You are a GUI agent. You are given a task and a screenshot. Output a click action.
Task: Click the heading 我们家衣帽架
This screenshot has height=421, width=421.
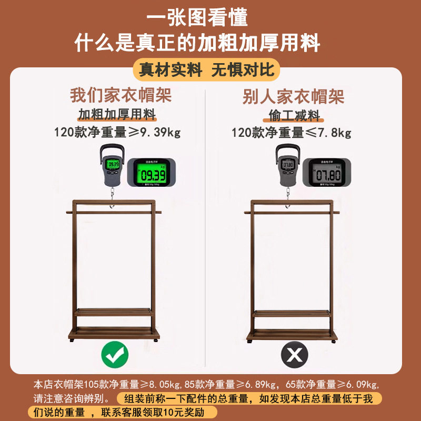121,96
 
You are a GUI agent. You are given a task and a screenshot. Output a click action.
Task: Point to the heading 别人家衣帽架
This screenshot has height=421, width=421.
293,96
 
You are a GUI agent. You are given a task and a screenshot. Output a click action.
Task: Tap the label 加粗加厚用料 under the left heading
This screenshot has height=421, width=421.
117,115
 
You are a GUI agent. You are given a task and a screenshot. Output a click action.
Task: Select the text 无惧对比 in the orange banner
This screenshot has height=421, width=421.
243,70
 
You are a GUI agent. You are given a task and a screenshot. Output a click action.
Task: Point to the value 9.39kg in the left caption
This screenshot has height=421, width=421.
160,132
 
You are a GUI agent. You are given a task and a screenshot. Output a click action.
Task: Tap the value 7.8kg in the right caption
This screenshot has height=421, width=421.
335,132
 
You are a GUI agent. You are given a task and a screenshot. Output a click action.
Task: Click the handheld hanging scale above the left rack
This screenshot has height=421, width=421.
112,165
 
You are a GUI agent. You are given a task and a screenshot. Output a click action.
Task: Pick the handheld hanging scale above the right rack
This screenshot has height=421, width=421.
288,165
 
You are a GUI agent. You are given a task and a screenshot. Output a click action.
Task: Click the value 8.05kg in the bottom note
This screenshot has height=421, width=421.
161,384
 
